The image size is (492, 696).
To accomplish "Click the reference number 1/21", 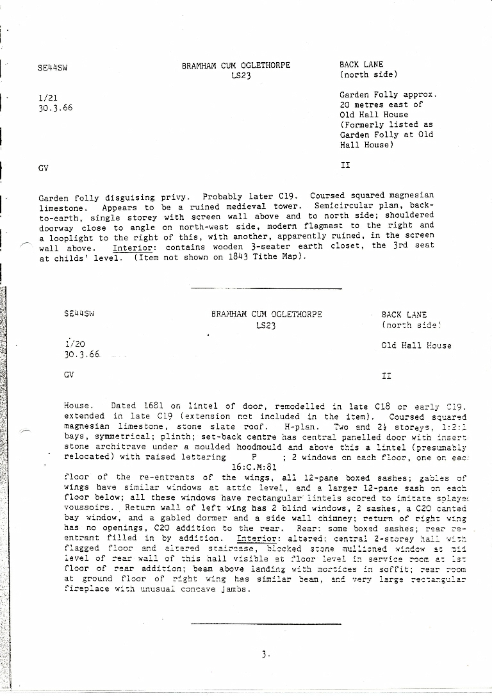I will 47,97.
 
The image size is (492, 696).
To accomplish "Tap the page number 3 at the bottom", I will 265,654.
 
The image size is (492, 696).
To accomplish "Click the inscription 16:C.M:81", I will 254,467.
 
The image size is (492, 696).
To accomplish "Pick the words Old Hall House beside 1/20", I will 416,345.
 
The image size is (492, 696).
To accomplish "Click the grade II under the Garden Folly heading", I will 345,165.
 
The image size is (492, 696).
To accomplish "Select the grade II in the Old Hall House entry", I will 386,376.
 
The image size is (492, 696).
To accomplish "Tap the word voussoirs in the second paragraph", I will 87,508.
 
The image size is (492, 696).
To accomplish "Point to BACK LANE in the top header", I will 361,65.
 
